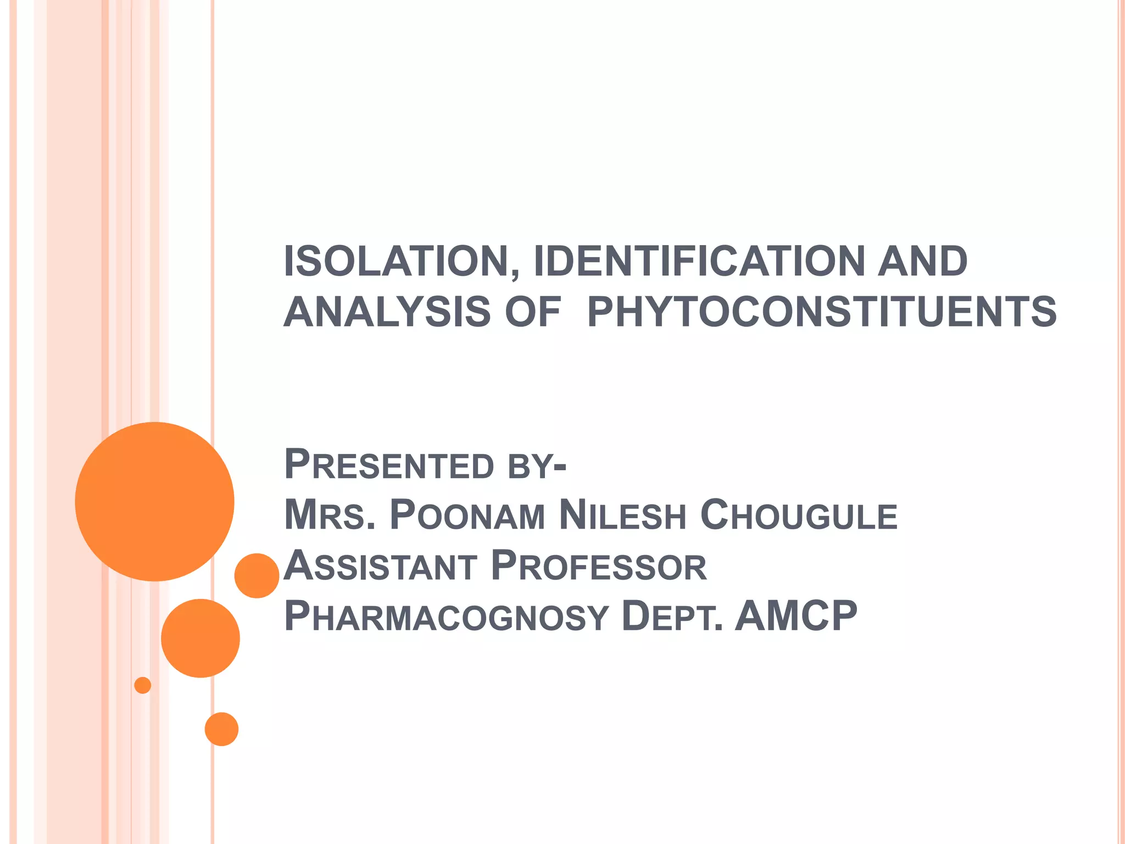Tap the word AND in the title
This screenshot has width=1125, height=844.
tap(922, 262)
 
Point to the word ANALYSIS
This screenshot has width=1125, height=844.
tap(387, 312)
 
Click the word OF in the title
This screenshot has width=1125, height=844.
tap(533, 312)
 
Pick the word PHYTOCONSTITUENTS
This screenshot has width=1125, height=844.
tap(822, 312)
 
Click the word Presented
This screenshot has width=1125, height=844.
tap(389, 465)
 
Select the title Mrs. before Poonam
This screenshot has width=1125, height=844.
tap(330, 515)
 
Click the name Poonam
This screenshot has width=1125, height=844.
tap(467, 515)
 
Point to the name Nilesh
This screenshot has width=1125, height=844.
tap(622, 515)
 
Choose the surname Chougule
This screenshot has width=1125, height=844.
tap(799, 515)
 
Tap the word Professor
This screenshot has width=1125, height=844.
tap(598, 566)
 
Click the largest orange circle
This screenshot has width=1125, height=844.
tap(154, 502)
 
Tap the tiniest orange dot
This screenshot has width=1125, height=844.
tap(143, 685)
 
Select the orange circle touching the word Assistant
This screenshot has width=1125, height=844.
tap(257, 576)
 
